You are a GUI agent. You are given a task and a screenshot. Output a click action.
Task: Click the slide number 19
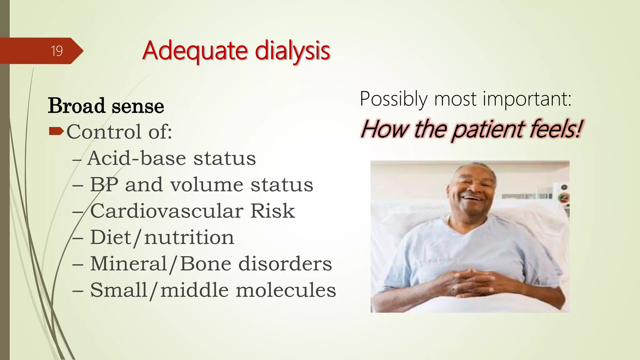point(57,51)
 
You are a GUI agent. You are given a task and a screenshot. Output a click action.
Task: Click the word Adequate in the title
point(195,51)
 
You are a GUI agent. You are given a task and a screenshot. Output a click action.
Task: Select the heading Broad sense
point(106,106)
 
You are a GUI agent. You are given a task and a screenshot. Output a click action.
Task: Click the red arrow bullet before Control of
point(56,131)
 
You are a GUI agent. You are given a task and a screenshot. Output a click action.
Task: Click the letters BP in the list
point(104,184)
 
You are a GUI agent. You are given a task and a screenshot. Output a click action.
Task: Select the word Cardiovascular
point(166,211)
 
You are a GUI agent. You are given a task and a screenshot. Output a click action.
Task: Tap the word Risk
point(272,211)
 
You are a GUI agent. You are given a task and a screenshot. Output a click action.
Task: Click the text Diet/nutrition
point(162,237)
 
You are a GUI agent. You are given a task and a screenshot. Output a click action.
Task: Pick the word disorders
point(285,264)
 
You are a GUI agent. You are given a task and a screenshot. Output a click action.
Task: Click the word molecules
point(286,290)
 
